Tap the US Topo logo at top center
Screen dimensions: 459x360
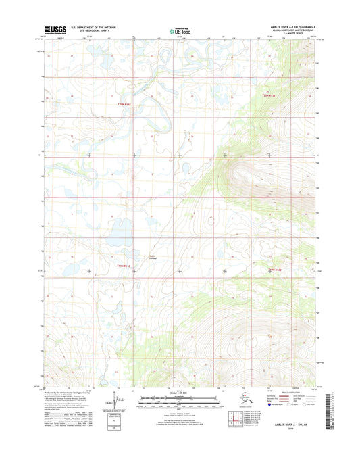[180, 30]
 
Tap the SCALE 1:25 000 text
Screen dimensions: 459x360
[180, 394]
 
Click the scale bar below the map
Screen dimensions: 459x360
[180, 404]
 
